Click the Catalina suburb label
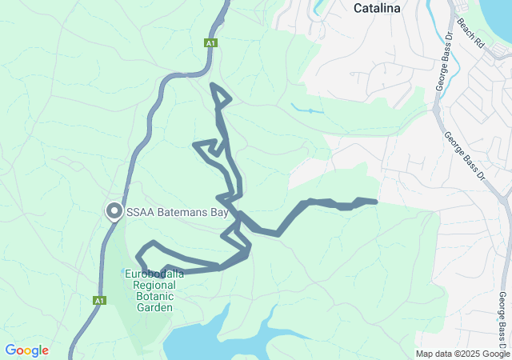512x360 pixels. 377,9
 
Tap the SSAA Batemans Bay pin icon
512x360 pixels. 114,212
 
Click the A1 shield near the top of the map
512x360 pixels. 210,43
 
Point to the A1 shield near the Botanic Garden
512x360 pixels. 98,301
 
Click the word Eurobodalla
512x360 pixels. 154,274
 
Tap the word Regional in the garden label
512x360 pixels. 155,285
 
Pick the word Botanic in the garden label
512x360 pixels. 155,296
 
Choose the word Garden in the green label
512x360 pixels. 155,307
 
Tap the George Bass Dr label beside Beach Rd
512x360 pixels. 444,67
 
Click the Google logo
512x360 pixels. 26,350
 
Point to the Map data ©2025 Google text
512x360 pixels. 462,354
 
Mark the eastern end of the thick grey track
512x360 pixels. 374,202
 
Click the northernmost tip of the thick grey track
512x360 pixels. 212,85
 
